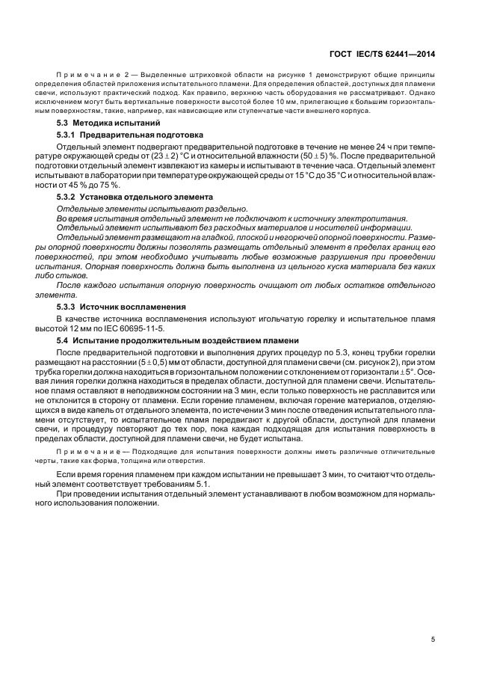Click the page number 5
click(x=433, y=639)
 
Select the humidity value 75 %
click(x=110, y=185)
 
